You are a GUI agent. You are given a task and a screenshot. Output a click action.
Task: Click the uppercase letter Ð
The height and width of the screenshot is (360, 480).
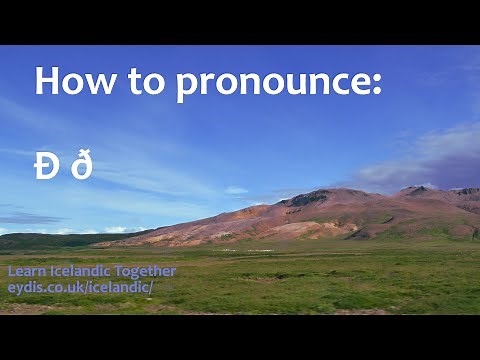pyautogui.click(x=46, y=167)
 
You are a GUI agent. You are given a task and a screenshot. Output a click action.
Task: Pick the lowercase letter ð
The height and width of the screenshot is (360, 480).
pyautogui.click(x=81, y=166)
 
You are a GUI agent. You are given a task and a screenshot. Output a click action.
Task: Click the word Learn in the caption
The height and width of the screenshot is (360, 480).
pyautogui.click(x=25, y=271)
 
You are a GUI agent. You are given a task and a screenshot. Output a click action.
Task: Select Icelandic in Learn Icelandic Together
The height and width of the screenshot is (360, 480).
pyautogui.click(x=79, y=271)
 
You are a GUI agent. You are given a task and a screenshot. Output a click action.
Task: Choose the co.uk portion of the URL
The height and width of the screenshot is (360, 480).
pyautogui.click(x=62, y=287)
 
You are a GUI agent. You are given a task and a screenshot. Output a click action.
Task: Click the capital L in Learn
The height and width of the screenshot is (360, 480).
pyautogui.click(x=11, y=271)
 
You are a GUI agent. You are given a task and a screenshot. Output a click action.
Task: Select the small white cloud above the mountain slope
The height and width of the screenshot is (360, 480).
pyautogui.click(x=236, y=190)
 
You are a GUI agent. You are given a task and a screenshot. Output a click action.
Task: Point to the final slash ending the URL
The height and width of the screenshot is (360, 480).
pyautogui.click(x=150, y=287)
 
